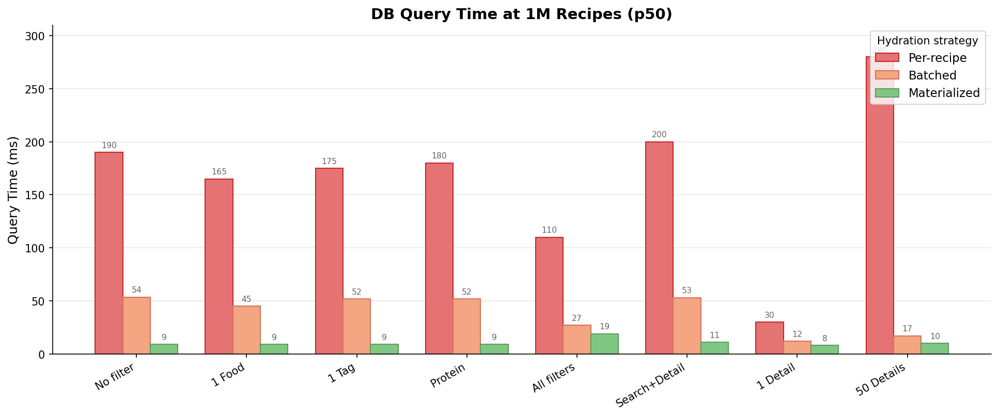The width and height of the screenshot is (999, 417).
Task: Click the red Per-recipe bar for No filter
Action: [109, 253]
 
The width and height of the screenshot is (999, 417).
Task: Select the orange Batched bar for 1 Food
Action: [246, 330]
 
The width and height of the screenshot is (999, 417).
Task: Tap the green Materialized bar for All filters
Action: [604, 344]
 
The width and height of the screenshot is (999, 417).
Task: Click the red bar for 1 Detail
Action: [770, 338]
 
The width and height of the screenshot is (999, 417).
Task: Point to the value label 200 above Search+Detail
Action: [659, 135]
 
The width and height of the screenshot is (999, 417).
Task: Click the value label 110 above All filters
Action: [549, 230]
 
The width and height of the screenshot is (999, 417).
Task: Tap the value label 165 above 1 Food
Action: [219, 172]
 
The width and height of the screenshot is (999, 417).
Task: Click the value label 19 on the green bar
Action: [604, 327]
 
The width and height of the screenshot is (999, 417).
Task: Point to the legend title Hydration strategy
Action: [927, 41]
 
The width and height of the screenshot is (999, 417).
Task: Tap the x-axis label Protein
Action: [448, 376]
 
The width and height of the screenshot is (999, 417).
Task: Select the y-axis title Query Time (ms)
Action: [13, 190]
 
